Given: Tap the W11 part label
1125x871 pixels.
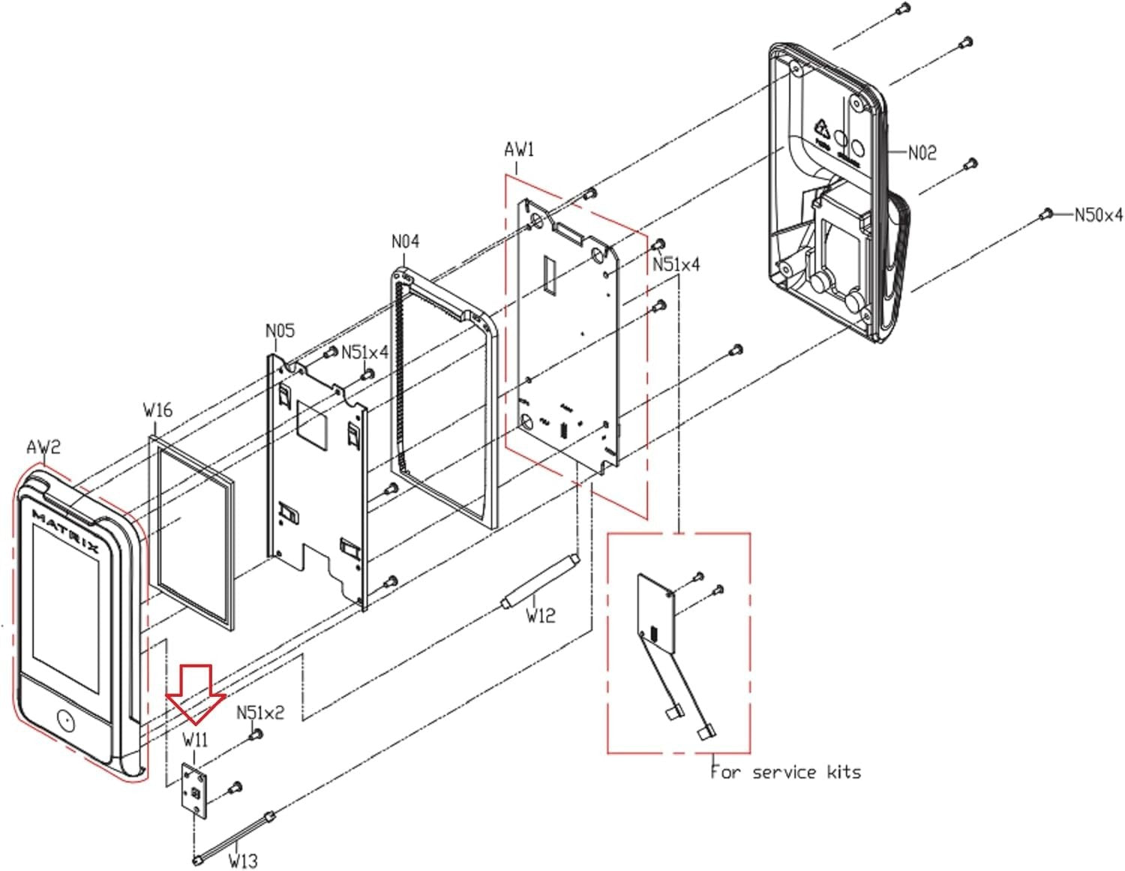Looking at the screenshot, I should click(x=195, y=740).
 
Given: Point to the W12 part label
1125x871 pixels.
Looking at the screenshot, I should click(x=540, y=616).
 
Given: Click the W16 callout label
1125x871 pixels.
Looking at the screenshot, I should click(x=157, y=410).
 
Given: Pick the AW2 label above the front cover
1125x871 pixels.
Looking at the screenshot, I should click(x=43, y=448).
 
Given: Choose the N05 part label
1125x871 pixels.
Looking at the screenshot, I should click(x=280, y=331).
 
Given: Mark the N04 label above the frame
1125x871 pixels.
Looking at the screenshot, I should click(x=405, y=242).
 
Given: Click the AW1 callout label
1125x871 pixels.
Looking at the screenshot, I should click(x=519, y=150).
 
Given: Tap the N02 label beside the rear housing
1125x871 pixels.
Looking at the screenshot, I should click(x=922, y=153).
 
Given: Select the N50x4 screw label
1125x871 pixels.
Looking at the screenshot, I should click(x=1098, y=215).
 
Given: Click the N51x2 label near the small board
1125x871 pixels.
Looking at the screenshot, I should click(x=260, y=712).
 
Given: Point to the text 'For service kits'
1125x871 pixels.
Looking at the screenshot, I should click(x=785, y=772).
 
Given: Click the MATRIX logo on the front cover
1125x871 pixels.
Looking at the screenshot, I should click(x=66, y=531).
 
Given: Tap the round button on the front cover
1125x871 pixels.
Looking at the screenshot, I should click(x=65, y=721).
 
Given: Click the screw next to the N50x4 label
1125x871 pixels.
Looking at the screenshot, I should click(x=1044, y=215).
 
